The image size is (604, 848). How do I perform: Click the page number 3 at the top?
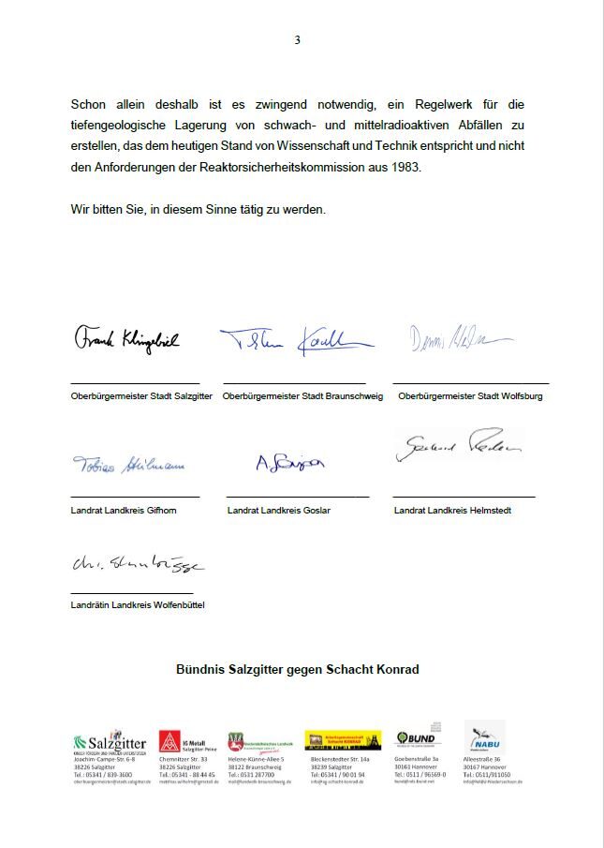297,40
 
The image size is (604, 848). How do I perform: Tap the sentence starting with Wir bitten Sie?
199,209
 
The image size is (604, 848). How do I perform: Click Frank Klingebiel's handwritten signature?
126,339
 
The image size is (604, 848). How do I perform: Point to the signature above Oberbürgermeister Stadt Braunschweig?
297,342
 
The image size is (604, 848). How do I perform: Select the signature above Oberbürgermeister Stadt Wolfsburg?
459,339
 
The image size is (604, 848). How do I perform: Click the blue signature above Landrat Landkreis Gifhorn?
128,465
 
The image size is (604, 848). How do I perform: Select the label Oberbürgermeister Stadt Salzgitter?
141,396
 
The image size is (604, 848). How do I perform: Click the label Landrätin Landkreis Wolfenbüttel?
137,605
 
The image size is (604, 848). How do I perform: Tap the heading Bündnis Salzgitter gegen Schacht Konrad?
297,669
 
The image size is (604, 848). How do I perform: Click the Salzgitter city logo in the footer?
110,741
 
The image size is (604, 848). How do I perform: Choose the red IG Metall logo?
169,741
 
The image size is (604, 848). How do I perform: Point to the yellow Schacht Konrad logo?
343,740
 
